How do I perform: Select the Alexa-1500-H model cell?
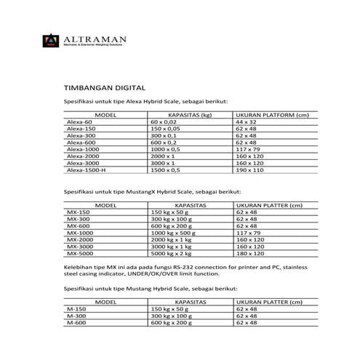tap(86, 169)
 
